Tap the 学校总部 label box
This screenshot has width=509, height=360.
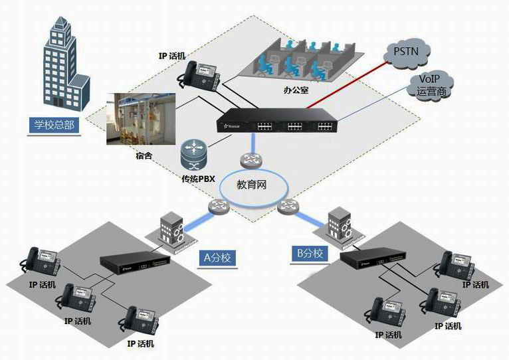[54, 125]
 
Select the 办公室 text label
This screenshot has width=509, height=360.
[296, 88]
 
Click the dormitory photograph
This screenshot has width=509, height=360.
[142, 118]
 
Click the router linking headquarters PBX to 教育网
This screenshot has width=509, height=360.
[252, 159]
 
